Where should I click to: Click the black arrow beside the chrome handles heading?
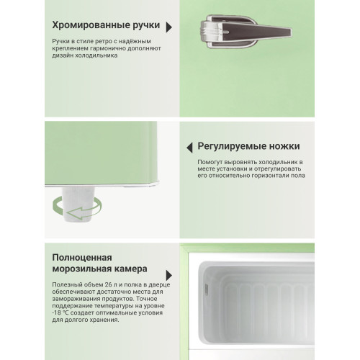tap(168, 27)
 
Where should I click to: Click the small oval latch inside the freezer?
tap(202, 289)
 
